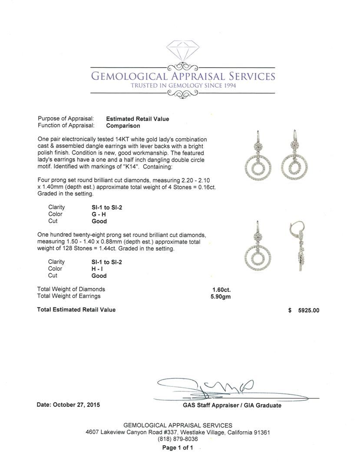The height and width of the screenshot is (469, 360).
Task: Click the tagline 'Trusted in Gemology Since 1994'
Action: coord(183,86)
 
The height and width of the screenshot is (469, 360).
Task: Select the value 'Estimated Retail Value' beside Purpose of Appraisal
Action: coord(138,119)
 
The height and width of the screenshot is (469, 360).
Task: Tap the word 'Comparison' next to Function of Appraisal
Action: coord(123,126)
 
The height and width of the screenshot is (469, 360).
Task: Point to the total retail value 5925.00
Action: coord(308,310)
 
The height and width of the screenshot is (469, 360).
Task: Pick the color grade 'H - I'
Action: coord(93,269)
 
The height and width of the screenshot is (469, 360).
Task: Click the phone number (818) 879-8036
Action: coord(178,439)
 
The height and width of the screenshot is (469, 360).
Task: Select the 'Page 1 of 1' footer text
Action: coord(178,448)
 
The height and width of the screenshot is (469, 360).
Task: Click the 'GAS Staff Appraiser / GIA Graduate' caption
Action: coord(232,406)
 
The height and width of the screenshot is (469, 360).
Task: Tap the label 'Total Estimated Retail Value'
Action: coord(76,310)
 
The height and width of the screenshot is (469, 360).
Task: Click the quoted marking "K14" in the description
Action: coord(132,167)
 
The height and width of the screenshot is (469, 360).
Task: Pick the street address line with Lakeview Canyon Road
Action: coord(178,433)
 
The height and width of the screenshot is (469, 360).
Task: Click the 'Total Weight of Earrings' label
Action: coord(69,296)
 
